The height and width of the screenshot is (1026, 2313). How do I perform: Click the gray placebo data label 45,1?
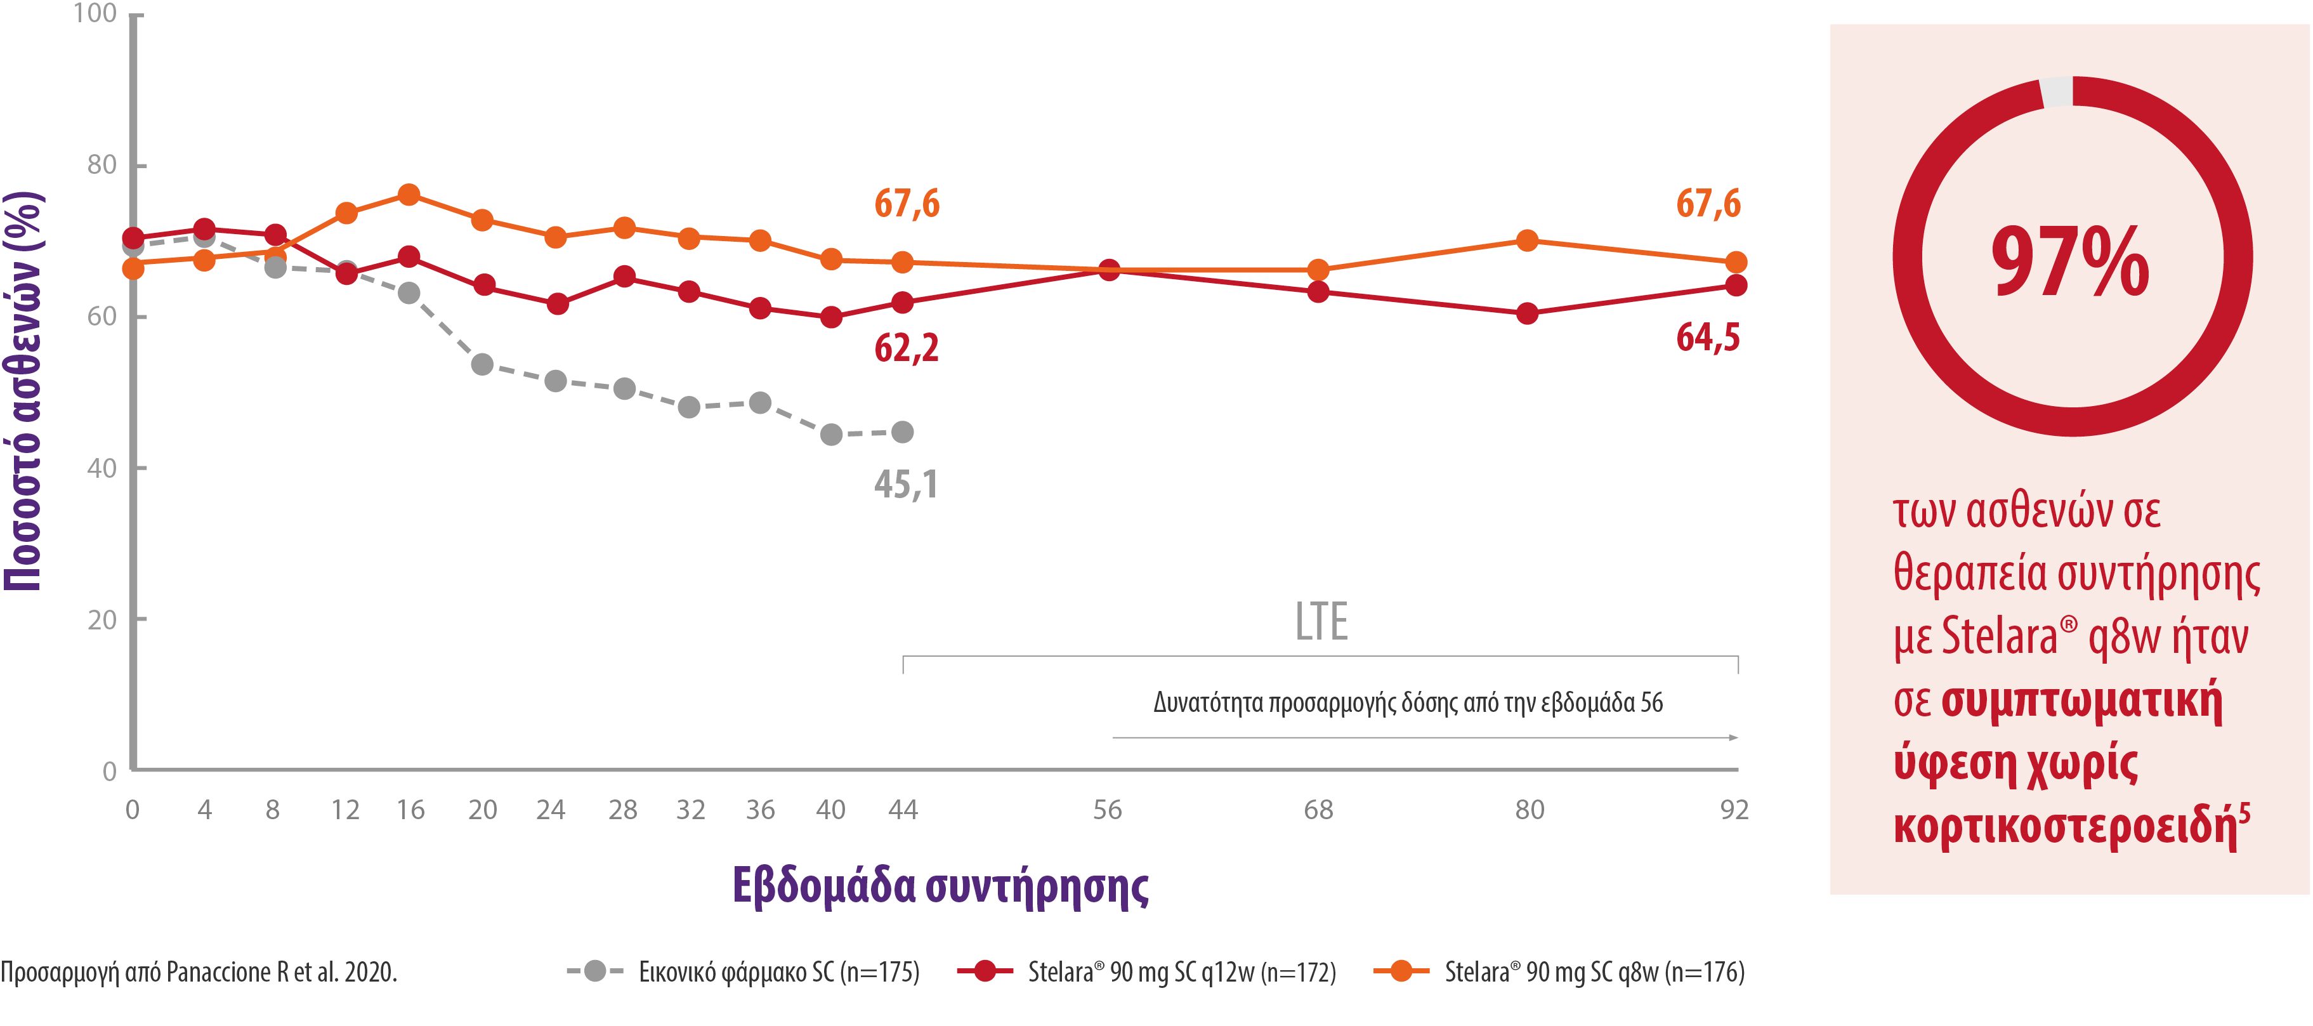pos(906,485)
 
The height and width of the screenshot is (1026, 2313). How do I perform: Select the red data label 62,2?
pos(906,348)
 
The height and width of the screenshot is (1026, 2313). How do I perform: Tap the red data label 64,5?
pos(1708,338)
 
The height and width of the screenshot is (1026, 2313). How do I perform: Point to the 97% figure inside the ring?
pos(2069,261)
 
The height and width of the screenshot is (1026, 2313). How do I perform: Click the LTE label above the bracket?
pos(1321,622)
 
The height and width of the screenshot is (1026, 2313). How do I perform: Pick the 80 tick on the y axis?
pos(102,166)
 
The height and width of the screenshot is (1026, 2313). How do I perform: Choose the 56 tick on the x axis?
pos(1107,810)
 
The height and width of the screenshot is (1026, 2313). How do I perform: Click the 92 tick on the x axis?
pos(1734,810)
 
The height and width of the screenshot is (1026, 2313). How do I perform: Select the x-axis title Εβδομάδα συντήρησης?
pos(940,886)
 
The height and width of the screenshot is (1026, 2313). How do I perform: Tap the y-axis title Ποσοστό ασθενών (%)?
pos(24,391)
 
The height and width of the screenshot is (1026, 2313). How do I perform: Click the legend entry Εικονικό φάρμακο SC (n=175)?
pos(778,972)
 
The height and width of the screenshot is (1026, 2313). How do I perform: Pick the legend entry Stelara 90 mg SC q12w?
pos(1181,972)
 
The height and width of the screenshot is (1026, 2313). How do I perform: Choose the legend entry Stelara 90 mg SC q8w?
pos(1594,972)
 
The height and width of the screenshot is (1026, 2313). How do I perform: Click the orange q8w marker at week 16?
pos(409,195)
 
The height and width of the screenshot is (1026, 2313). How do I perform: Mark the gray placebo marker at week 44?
pos(902,432)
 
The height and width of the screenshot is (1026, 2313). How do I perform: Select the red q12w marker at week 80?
pos(1526,313)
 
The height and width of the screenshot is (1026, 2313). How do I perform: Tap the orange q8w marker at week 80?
pos(1526,240)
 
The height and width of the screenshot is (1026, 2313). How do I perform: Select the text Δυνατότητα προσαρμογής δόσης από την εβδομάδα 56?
pos(1407,702)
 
